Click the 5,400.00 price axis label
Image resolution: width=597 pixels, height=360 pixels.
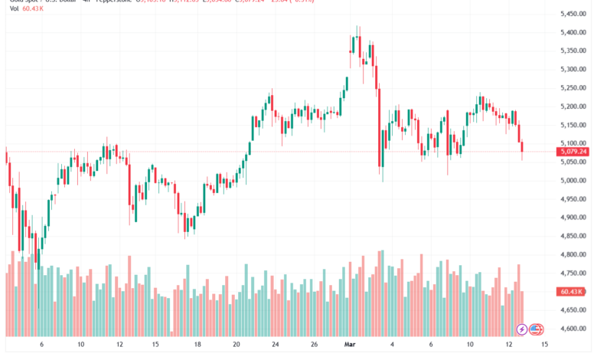573,32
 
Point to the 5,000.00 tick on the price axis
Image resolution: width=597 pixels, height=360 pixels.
573,181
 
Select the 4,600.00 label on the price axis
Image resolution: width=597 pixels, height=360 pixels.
573,329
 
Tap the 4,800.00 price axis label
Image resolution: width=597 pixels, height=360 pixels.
573,255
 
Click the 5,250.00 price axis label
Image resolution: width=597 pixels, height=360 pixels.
573,88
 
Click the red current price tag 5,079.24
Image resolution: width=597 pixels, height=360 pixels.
573,152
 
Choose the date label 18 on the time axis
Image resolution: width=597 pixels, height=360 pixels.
197,345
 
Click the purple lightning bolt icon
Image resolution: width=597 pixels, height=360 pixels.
522,329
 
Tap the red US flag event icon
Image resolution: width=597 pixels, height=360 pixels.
535,329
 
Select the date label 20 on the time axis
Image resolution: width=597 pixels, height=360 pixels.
237,345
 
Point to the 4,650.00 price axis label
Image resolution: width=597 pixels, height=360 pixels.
573,311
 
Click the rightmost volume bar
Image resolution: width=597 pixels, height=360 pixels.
522,313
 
